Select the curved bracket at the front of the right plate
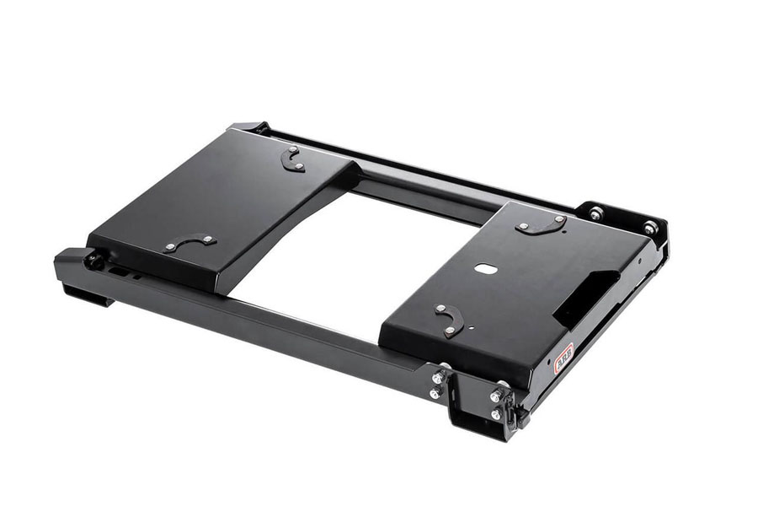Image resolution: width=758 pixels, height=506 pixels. (449, 319)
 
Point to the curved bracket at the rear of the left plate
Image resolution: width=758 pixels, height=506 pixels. (292, 158)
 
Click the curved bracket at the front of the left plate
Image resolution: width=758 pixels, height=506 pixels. (189, 242)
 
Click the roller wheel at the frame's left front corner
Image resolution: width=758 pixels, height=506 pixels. (95, 260)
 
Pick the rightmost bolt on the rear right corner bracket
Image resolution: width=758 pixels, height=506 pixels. (650, 228)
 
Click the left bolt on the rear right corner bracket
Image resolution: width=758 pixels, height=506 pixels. (596, 214)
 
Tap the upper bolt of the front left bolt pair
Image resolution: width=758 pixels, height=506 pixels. (439, 377)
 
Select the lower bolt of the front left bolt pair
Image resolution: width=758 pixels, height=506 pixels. (435, 393)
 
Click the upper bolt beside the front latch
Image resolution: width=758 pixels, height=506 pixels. (497, 395)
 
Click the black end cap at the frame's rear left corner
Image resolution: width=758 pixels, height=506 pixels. (250, 127)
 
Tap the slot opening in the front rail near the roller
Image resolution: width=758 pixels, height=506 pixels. (126, 272)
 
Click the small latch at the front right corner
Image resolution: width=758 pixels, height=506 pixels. (515, 411)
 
